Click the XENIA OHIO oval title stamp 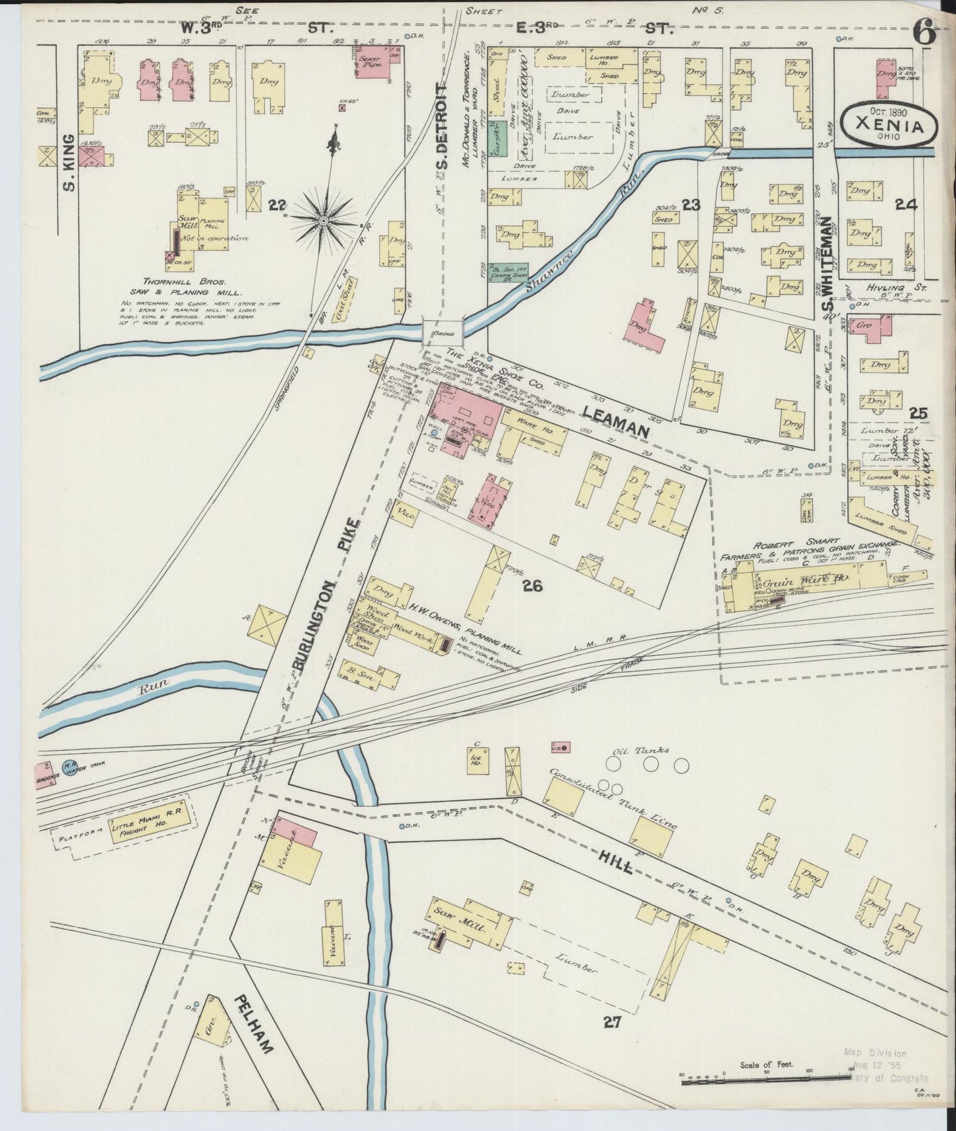[889, 124]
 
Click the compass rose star [323, 220]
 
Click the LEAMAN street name [615, 421]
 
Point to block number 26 [531, 585]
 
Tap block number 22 [277, 206]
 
